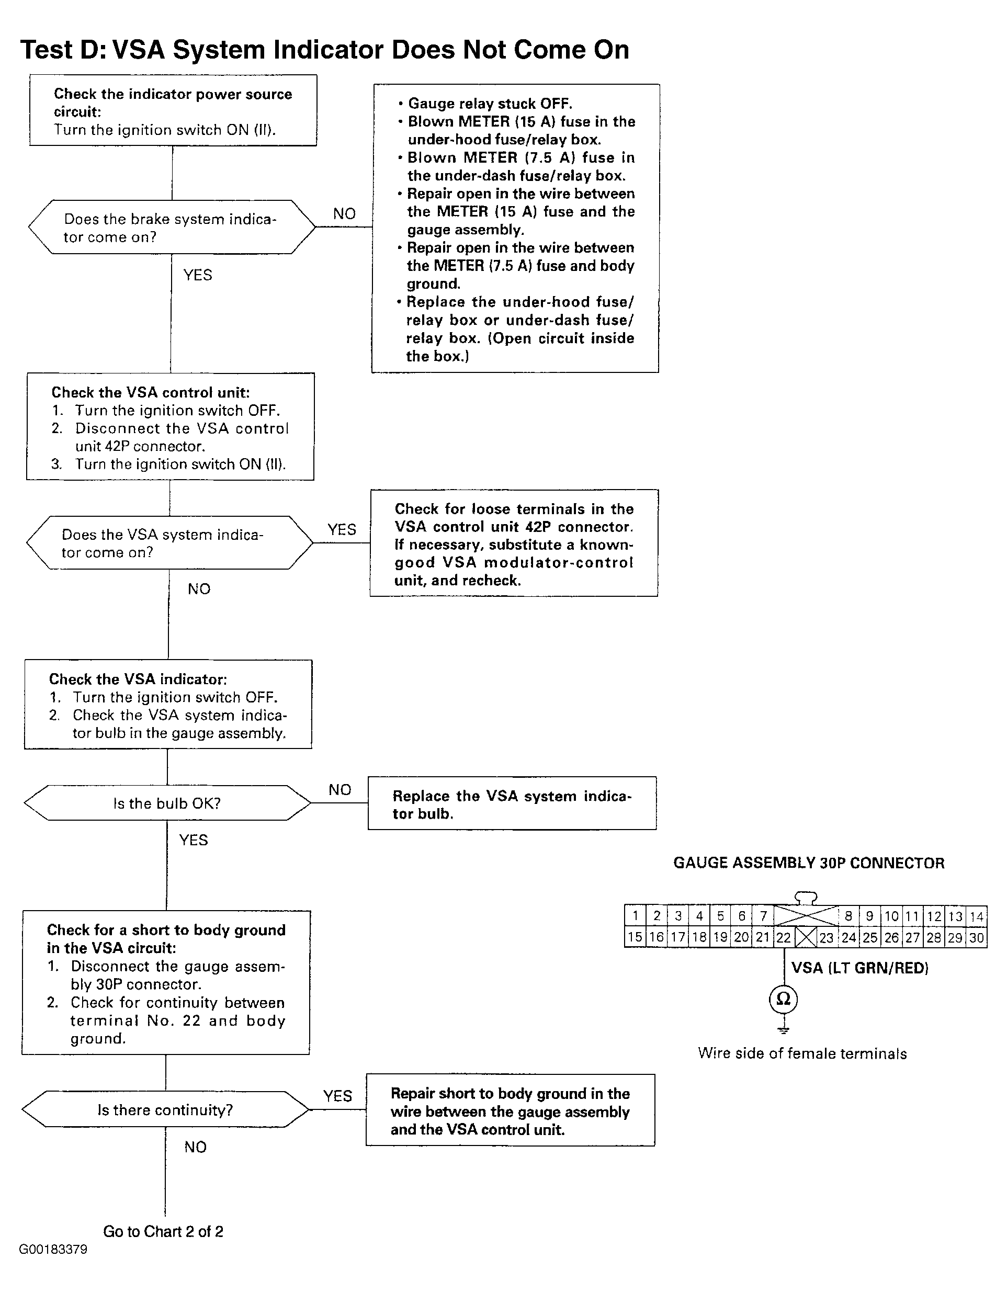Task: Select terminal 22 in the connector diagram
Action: tap(783, 938)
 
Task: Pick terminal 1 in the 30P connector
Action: tap(635, 916)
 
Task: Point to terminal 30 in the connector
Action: tap(976, 938)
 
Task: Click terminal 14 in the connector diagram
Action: tap(976, 916)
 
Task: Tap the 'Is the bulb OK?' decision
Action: tap(167, 803)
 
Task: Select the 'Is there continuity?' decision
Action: tap(165, 1109)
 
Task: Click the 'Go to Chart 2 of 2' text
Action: tap(163, 1232)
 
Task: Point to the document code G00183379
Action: tap(53, 1250)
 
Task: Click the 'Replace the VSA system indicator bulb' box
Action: tap(512, 803)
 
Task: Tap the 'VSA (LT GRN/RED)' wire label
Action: tap(859, 968)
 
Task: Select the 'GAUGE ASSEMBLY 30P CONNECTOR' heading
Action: tap(809, 863)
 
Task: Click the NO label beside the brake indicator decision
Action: tap(344, 214)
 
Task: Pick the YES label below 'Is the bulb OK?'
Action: tap(194, 840)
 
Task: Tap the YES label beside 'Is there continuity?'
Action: tap(337, 1096)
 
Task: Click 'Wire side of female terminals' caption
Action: tap(802, 1054)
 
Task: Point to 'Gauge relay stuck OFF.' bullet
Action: tap(485, 104)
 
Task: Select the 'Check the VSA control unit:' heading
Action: tap(151, 392)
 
